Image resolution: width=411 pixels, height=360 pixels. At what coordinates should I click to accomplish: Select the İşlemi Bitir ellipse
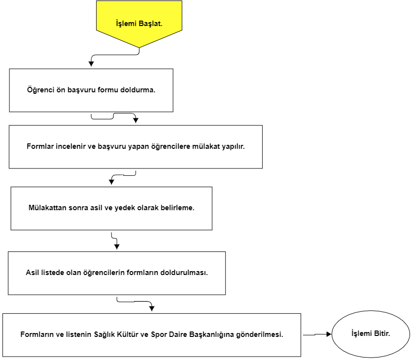pos(371,334)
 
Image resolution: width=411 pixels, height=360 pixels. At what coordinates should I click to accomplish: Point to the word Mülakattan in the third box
pos(47,208)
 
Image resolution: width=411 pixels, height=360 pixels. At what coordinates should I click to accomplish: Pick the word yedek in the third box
pos(123,208)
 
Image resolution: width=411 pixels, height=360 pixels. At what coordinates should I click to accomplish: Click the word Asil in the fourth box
pos(32,273)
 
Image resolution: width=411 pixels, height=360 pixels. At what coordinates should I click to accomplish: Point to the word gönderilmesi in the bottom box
pos(259,334)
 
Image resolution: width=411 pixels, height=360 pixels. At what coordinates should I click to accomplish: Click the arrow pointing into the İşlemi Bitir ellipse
pos(317,334)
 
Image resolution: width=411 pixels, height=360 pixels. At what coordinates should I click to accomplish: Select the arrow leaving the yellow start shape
pos(115,55)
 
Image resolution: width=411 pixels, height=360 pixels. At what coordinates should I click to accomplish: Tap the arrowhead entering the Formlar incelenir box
pos(136,120)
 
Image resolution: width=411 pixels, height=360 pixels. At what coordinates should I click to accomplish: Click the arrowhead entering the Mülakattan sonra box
pos(111,182)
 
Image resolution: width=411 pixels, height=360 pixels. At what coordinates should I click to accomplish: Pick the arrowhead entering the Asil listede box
pos(117,247)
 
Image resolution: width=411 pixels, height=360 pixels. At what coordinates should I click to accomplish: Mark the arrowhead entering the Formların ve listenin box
pos(152,308)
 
